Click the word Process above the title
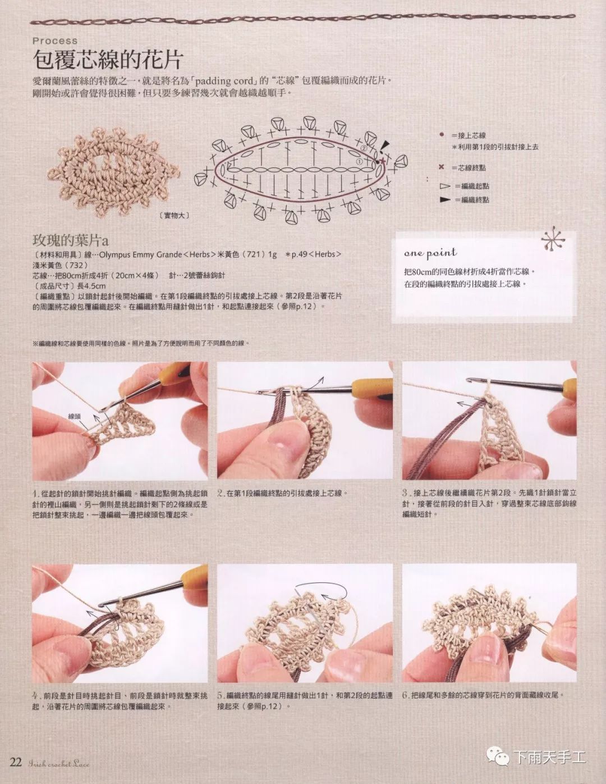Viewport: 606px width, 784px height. coord(55,40)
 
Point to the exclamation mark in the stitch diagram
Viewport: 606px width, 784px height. coord(383,148)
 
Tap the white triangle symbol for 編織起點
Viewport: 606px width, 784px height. coord(445,186)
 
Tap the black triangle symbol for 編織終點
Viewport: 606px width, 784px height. coord(445,199)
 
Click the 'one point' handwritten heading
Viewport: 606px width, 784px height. coord(430,253)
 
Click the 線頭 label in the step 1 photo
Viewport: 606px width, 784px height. coord(75,416)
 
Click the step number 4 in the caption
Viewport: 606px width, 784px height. coord(35,695)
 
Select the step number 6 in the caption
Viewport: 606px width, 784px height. coord(405,695)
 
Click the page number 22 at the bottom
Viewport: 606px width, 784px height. coord(16,762)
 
